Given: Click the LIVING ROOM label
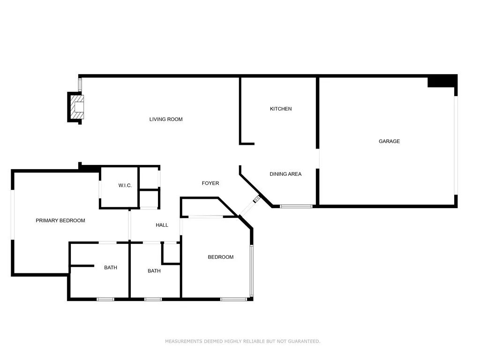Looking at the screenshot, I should pyautogui.click(x=166, y=120).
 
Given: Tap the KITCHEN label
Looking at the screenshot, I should pyautogui.click(x=280, y=109).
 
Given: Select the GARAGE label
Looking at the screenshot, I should pyautogui.click(x=389, y=141).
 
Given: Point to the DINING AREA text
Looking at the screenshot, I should pyautogui.click(x=285, y=174).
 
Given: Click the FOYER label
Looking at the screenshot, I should pyautogui.click(x=210, y=183).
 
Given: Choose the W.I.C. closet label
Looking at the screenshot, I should pyautogui.click(x=125, y=186).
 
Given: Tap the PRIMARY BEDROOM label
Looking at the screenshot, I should pyautogui.click(x=60, y=220).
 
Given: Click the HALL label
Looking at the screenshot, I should pyautogui.click(x=162, y=225).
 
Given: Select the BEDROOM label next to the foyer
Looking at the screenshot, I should pyautogui.click(x=220, y=257).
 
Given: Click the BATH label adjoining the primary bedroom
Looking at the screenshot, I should pyautogui.click(x=111, y=268).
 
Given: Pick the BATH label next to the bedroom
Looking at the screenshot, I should pyautogui.click(x=154, y=271).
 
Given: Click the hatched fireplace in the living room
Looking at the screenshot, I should pyautogui.click(x=77, y=107).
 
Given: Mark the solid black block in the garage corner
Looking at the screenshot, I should pyautogui.click(x=442, y=82).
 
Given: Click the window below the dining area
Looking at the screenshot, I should pyautogui.click(x=296, y=206).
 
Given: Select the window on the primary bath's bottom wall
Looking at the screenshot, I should pyautogui.click(x=105, y=299).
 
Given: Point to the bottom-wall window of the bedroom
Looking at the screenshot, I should pyautogui.click(x=233, y=299).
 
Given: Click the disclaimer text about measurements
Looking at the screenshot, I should pyautogui.click(x=242, y=341).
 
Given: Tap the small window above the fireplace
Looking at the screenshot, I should pyautogui.click(x=80, y=85).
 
